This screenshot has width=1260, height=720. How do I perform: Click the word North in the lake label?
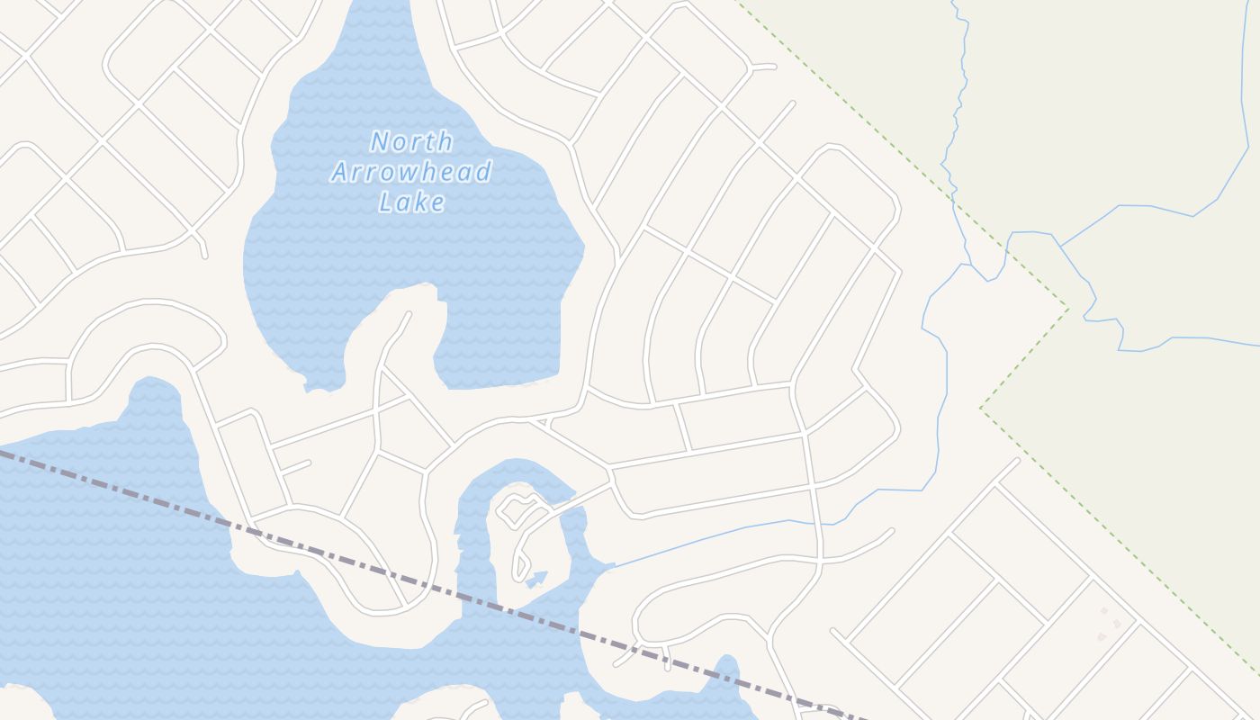tap(411, 142)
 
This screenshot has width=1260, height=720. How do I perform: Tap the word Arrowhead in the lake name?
tap(411, 171)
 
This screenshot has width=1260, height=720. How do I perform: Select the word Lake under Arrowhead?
tap(411, 202)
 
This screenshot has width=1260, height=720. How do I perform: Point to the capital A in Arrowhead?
tap(340, 171)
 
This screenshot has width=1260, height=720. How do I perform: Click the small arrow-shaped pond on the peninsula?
tap(536, 578)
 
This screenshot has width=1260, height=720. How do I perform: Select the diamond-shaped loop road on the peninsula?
tap(516, 510)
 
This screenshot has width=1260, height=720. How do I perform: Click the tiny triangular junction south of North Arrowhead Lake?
tap(540, 421)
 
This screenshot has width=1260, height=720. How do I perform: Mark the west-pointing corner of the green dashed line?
tap(981, 408)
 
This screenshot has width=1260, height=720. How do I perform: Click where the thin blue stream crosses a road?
tap(817, 522)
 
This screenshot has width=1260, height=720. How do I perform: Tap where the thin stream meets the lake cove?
tap(614, 567)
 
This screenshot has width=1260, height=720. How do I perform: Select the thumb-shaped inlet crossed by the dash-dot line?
tap(724, 675)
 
